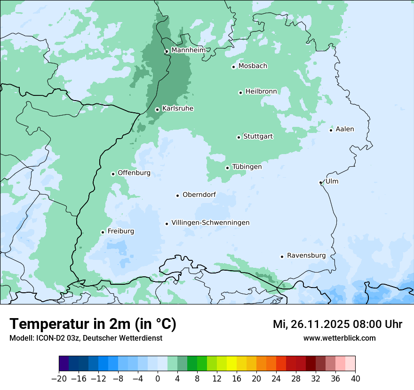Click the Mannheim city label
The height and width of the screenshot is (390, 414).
188,50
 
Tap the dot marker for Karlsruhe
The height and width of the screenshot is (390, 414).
158,109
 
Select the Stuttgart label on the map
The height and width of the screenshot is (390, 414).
258,137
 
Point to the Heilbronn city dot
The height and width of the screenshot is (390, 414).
240,93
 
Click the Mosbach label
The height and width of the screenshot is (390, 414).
253,66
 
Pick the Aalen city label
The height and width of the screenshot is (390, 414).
345,129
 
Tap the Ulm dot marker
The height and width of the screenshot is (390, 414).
320,182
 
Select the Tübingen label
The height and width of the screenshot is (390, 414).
247,167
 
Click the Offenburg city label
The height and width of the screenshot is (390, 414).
134,173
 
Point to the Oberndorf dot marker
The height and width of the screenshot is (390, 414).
178,195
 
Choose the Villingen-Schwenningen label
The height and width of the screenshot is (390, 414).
210,223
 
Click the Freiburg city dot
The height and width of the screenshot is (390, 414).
103,232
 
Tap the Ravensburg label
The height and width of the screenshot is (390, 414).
306,256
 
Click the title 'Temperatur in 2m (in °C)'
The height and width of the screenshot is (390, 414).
93,324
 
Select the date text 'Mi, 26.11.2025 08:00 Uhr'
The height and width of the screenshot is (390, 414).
337,324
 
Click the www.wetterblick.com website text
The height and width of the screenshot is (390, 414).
339,338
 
